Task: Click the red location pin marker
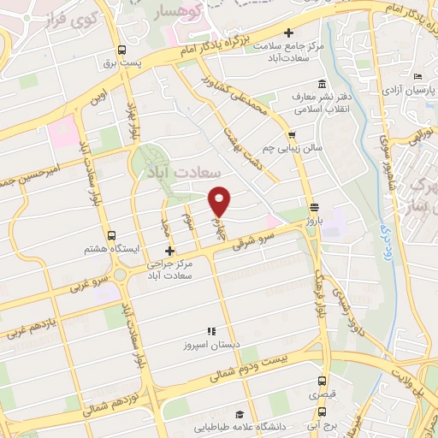click(x=220, y=199)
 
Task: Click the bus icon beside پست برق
click(x=121, y=50)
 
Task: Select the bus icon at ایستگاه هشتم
click(x=110, y=234)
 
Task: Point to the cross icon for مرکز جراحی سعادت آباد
click(x=169, y=251)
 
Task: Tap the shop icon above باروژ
click(x=314, y=207)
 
